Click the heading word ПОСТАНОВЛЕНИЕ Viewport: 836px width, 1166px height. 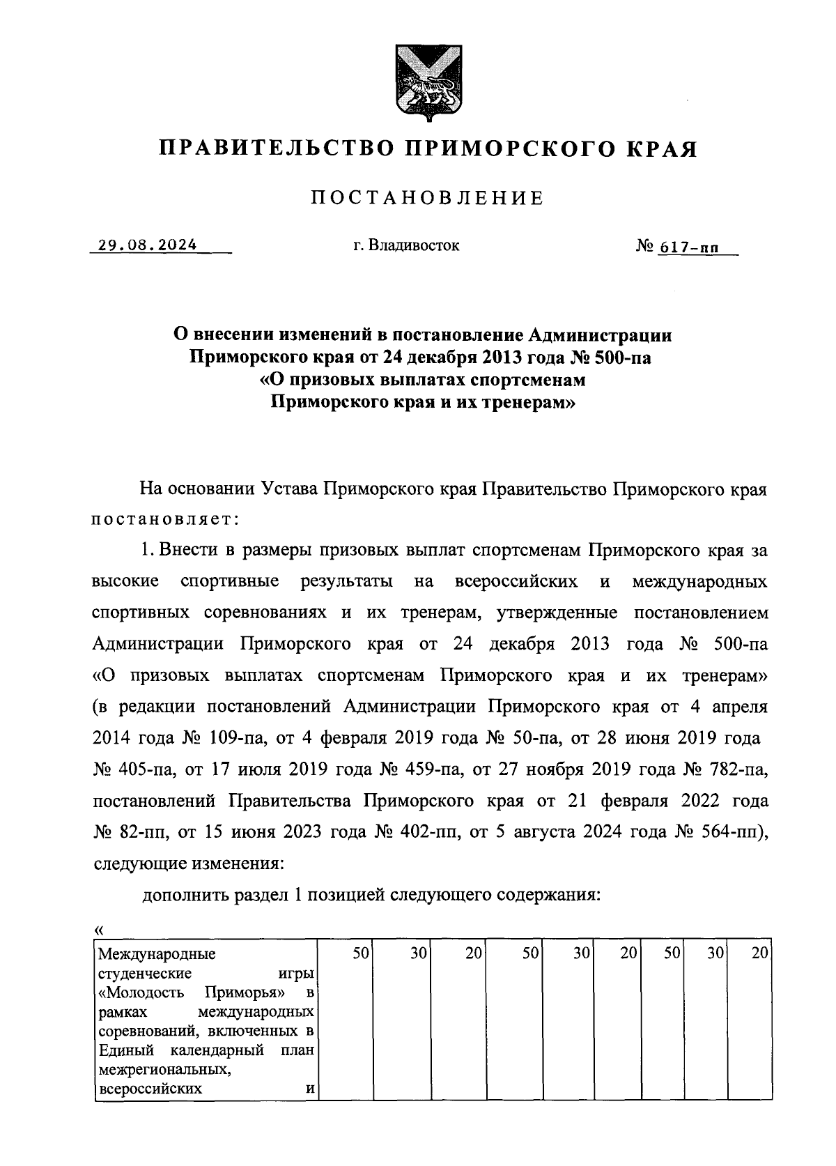point(426,199)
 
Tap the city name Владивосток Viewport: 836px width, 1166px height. point(415,245)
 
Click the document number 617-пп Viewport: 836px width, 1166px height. point(688,247)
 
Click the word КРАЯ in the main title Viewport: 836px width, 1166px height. point(658,149)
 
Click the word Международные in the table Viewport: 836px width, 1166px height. point(157,954)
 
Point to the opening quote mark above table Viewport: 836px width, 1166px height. point(98,930)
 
